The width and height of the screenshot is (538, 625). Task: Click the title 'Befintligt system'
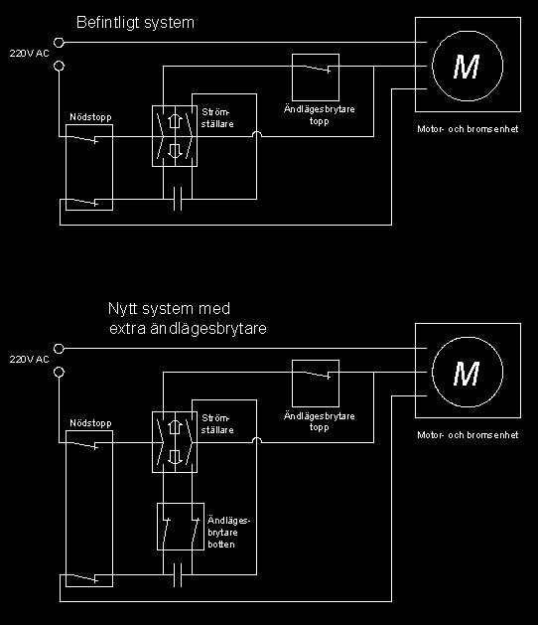click(135, 23)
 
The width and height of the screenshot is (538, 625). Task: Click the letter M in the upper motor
click(467, 67)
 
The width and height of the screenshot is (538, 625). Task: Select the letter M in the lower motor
click(467, 374)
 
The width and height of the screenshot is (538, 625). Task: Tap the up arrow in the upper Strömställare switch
click(174, 121)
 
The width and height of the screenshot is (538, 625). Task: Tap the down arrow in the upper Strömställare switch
click(174, 150)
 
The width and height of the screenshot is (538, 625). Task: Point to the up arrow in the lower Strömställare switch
click(174, 427)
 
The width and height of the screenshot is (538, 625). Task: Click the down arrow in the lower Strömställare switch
click(174, 456)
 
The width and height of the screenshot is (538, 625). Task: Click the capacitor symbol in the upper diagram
click(178, 199)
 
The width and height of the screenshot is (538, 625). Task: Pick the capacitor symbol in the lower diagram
click(178, 574)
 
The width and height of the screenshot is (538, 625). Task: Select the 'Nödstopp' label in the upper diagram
click(90, 117)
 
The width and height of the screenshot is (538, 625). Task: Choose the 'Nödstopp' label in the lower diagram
click(90, 423)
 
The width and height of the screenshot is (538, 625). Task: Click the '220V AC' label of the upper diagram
click(29, 54)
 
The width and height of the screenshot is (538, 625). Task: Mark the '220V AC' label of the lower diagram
click(29, 360)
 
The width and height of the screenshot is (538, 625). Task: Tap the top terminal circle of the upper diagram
click(59, 43)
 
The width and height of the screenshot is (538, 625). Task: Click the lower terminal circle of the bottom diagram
click(59, 373)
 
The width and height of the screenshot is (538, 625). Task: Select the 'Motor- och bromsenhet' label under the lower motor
click(468, 435)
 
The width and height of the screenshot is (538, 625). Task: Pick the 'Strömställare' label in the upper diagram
click(217, 118)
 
